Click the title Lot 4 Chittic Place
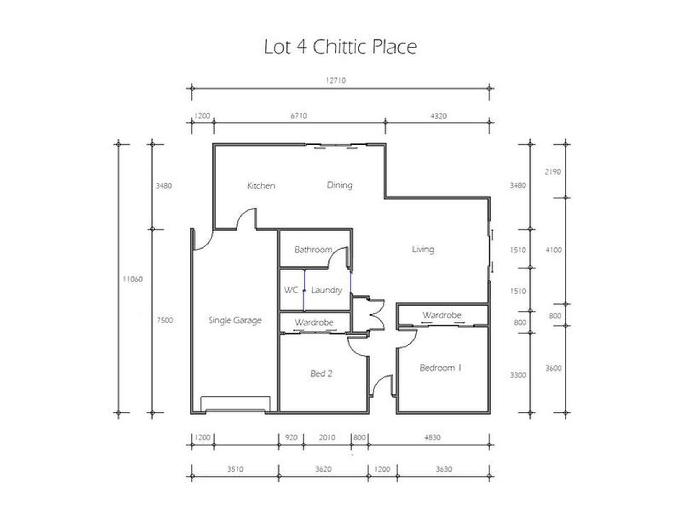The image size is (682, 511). (340, 47)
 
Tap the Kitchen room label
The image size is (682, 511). (261, 186)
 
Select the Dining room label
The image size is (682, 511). (340, 185)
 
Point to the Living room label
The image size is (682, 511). (423, 249)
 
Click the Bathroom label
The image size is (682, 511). (313, 249)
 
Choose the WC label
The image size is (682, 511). (291, 290)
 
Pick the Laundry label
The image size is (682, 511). (326, 290)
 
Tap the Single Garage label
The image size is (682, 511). (235, 320)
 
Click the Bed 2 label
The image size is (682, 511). (321, 374)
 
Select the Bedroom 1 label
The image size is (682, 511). (440, 368)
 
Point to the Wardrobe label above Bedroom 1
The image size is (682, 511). (442, 315)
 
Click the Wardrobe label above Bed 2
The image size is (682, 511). (314, 322)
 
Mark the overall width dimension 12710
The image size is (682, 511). (336, 80)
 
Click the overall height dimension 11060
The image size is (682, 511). (132, 279)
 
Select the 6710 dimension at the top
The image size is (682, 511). (299, 116)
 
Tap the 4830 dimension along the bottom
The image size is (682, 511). (432, 437)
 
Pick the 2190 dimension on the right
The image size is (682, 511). (553, 172)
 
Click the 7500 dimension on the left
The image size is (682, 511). (164, 320)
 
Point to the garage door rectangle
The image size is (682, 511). (235, 404)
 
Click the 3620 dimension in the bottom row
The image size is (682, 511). (323, 469)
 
